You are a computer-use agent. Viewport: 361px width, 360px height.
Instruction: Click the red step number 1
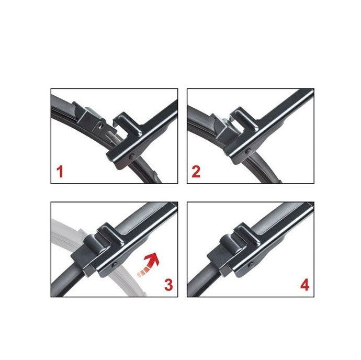click(60, 172)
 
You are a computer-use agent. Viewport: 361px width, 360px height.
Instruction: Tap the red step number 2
click(196, 172)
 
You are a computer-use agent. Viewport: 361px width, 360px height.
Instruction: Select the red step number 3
click(168, 285)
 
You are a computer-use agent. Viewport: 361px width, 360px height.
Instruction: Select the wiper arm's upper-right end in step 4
click(306, 210)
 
